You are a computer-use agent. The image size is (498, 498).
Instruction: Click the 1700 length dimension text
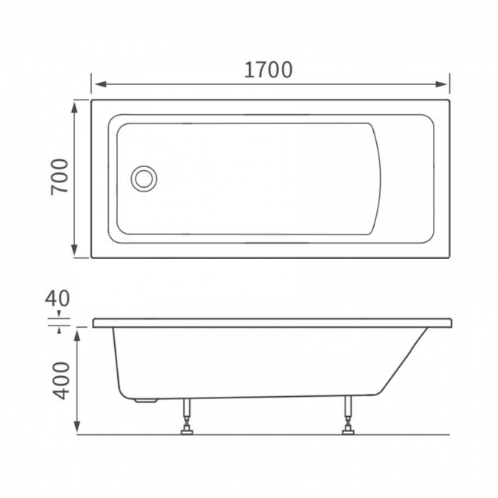pyautogui.click(x=268, y=70)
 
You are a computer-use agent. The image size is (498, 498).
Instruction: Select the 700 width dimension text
pyautogui.click(x=61, y=177)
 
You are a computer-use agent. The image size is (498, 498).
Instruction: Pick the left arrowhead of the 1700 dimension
pyautogui.click(x=97, y=84)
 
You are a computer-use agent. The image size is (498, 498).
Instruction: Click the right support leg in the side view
pyautogui.click(x=348, y=414)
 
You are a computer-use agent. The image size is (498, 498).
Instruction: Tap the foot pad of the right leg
pyautogui.click(x=348, y=431)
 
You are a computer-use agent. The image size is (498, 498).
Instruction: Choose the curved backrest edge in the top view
pyautogui.click(x=379, y=179)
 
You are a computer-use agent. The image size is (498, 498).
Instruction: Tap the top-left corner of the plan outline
pyautogui.click(x=92, y=100)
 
